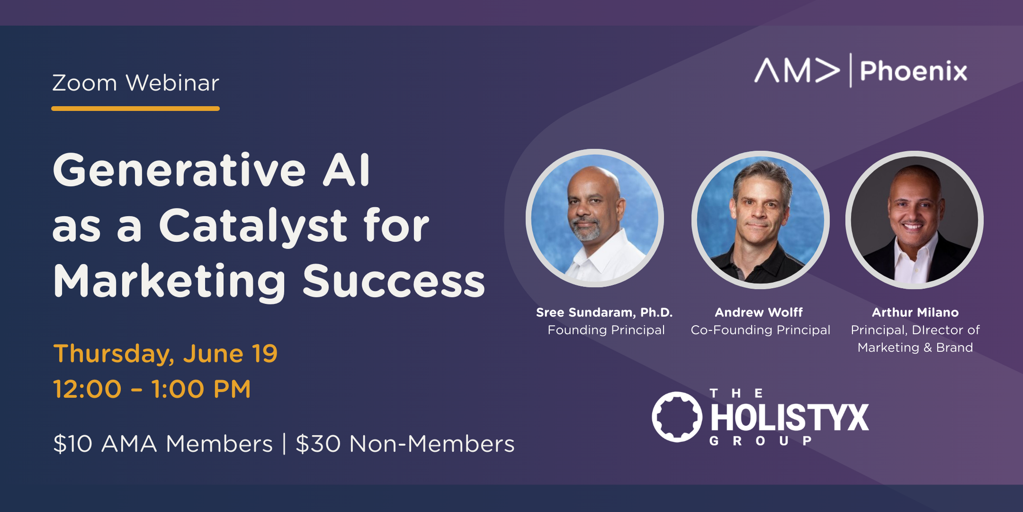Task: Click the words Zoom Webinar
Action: tap(135, 83)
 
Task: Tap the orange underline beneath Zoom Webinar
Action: tap(135, 109)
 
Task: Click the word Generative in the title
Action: tap(179, 170)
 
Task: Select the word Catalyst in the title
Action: tap(253, 227)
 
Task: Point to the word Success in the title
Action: tap(394, 281)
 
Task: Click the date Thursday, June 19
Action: tap(165, 354)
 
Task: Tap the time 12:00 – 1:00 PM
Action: tap(152, 389)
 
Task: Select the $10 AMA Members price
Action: tap(163, 444)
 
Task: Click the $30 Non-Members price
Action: tap(405, 444)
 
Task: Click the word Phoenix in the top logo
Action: tap(914, 71)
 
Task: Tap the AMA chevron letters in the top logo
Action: tap(797, 70)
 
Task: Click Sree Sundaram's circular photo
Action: tap(595, 218)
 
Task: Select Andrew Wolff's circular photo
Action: tap(760, 219)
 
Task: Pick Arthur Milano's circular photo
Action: tap(915, 219)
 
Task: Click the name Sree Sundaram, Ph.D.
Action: tap(604, 312)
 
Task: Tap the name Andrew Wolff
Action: tap(759, 312)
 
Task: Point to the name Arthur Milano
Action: tap(915, 312)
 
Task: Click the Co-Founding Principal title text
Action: tap(761, 330)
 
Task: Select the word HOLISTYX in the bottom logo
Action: tap(790, 418)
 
